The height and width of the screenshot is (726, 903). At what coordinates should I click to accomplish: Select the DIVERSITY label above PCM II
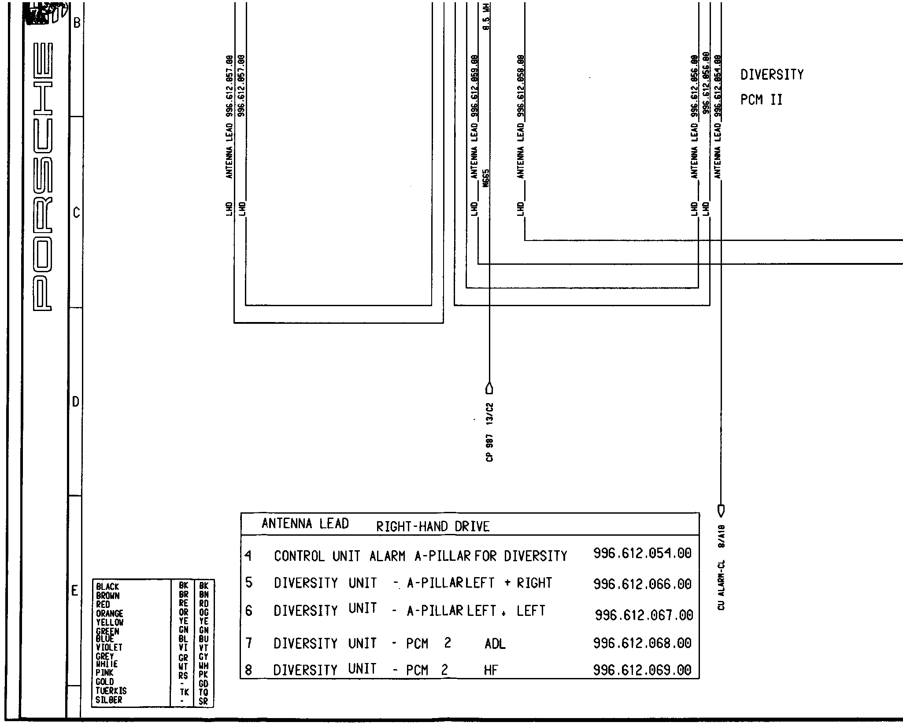[772, 75]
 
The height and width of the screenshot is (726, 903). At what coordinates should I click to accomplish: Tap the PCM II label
[761, 100]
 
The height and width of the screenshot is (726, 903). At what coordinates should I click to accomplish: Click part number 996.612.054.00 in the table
[642, 553]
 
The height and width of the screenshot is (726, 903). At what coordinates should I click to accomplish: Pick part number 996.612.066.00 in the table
[642, 584]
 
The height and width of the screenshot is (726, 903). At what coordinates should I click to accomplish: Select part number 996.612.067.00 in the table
[644, 615]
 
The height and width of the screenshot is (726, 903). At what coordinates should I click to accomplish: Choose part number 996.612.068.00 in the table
[642, 643]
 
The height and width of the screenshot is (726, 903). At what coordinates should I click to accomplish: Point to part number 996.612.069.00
[642, 670]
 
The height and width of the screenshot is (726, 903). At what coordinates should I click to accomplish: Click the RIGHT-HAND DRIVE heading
[433, 526]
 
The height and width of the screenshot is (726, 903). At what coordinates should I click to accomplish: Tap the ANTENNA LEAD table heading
[305, 524]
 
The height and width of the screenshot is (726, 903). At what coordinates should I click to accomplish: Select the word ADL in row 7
[495, 645]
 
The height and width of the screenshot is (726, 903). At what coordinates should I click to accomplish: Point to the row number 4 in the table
[248, 556]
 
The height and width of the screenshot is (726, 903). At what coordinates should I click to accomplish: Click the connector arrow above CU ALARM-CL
[721, 511]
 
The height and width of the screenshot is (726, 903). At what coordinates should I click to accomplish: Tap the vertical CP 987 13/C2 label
[490, 432]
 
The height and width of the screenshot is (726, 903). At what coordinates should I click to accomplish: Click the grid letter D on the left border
[75, 402]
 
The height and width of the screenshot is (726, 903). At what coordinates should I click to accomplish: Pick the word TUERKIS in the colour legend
[111, 691]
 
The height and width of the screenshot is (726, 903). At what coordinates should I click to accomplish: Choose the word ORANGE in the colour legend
[109, 613]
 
